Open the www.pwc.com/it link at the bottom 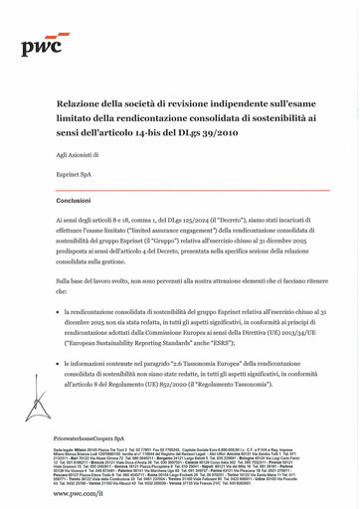[82, 493]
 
